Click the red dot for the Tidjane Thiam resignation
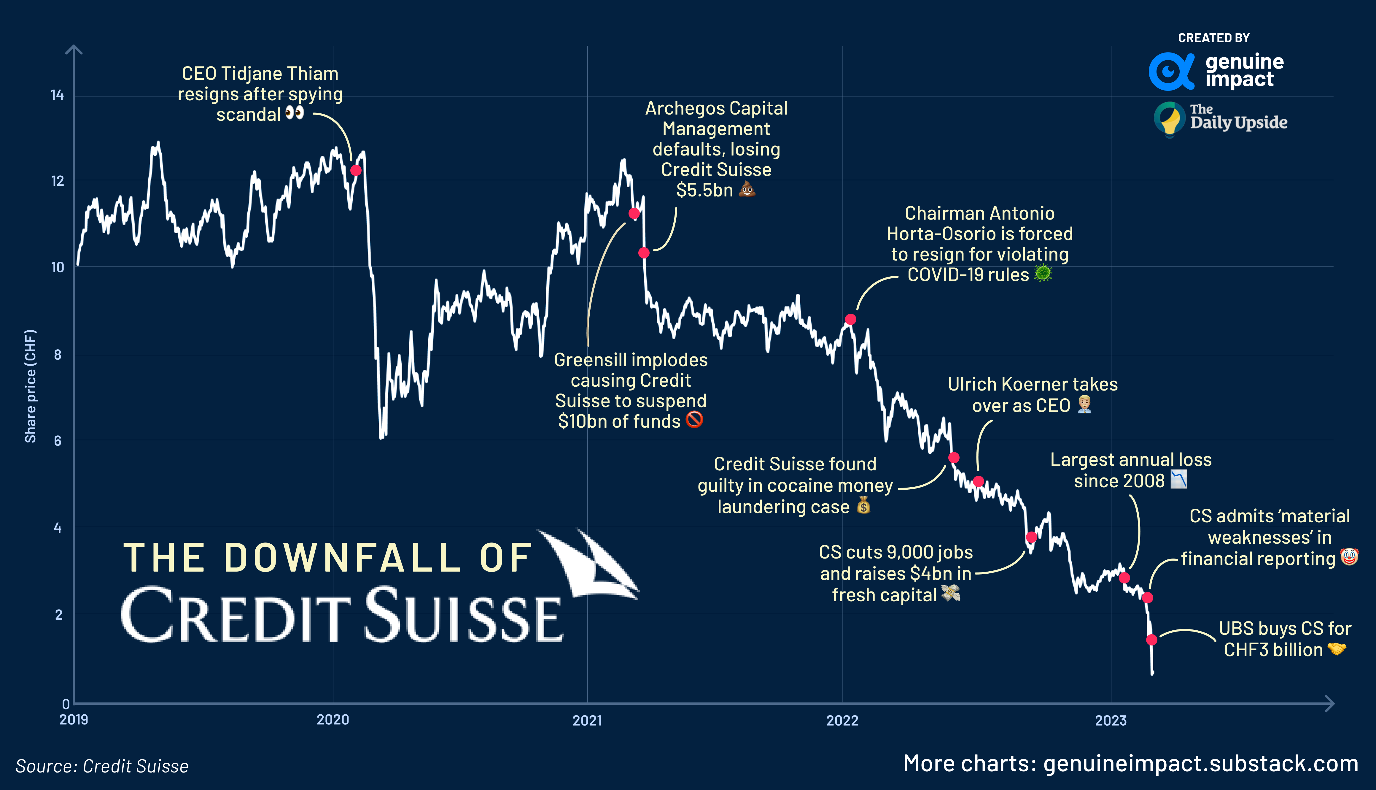click(x=356, y=170)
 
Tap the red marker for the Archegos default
click(x=644, y=253)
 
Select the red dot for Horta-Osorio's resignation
click(x=851, y=320)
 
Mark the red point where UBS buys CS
click(x=1151, y=640)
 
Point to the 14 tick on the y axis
click(x=57, y=96)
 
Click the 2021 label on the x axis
click(x=587, y=721)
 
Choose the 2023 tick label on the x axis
click(x=1110, y=721)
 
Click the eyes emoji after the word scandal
click(x=295, y=113)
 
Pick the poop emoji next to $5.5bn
click(x=747, y=189)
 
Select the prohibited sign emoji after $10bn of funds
click(x=694, y=419)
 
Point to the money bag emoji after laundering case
click(x=864, y=506)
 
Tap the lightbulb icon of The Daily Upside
click(x=1170, y=119)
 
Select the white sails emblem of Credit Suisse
click(x=591, y=564)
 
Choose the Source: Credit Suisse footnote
click(x=102, y=766)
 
